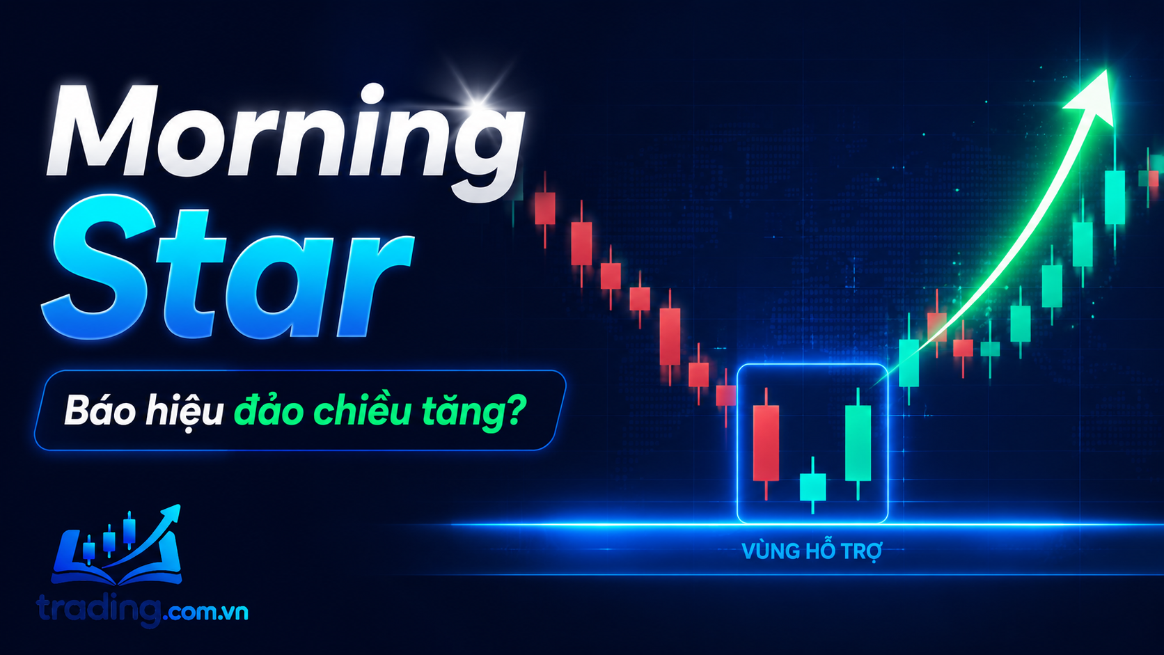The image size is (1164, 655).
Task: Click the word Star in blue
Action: click(x=228, y=273)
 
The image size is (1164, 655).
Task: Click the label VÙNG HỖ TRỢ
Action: click(x=812, y=551)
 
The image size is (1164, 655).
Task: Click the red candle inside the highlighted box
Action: click(x=766, y=443)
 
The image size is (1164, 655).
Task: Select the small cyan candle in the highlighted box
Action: click(x=812, y=486)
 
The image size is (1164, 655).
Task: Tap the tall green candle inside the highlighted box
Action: click(x=858, y=443)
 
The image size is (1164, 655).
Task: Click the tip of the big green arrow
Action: click(x=1107, y=70)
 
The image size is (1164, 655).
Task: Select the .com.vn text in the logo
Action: click(x=205, y=613)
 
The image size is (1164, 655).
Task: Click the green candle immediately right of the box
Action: click(x=909, y=363)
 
